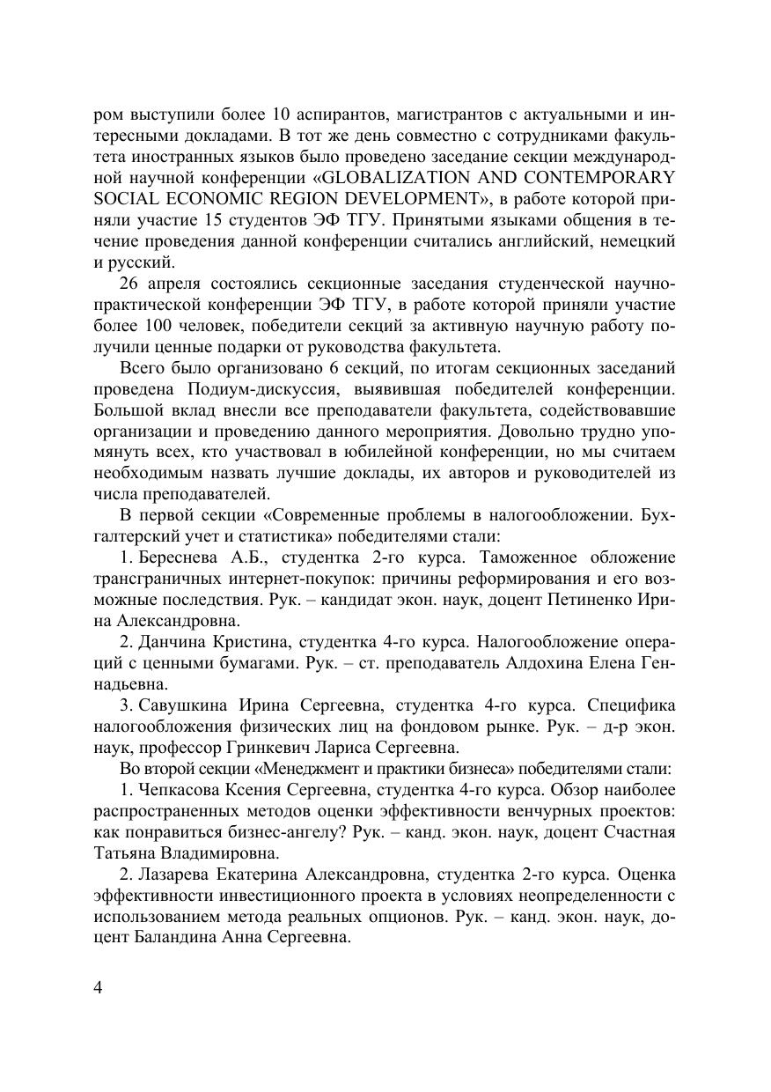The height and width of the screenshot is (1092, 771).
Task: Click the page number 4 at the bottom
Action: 98,986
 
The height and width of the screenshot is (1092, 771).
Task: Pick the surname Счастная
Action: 641,832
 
